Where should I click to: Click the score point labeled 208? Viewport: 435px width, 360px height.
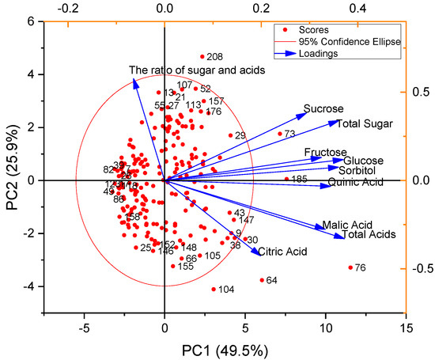pos(202,57)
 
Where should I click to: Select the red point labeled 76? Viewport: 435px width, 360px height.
pos(350,268)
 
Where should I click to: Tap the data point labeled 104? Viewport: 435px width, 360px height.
pos(214,290)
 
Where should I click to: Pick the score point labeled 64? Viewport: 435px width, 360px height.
pos(262,280)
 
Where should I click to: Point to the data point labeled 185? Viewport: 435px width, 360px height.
pos(286,180)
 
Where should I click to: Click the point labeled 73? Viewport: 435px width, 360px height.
pos(280,134)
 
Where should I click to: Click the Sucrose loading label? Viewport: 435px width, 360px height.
pos(323,108)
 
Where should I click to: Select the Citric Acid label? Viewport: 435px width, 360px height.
pos(282,252)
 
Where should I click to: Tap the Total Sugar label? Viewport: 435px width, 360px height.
pos(360,123)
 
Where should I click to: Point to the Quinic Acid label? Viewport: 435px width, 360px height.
pos(355,183)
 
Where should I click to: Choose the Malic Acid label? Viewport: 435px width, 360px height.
pos(346,225)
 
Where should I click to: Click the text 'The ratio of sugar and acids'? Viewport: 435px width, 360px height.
pos(196,71)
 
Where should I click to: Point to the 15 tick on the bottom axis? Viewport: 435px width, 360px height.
pos(407,327)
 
